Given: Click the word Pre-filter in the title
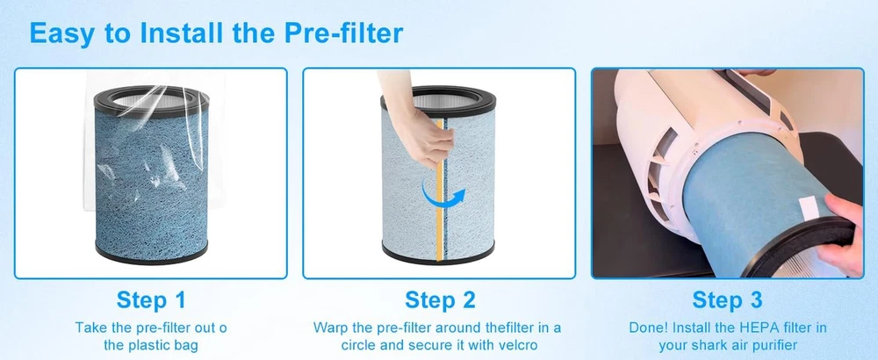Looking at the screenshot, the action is pos(343,33).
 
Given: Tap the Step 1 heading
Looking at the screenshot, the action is pos(151,300).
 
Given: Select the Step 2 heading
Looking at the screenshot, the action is pos(440,300).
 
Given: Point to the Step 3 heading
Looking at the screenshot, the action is pos(727,300).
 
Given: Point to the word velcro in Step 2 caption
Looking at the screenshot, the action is pos(515,345).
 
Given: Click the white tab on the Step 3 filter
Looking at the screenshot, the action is pos(810,208).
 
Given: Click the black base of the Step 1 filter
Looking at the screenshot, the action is pos(151,252).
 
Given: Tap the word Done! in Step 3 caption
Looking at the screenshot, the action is pos(649,328).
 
